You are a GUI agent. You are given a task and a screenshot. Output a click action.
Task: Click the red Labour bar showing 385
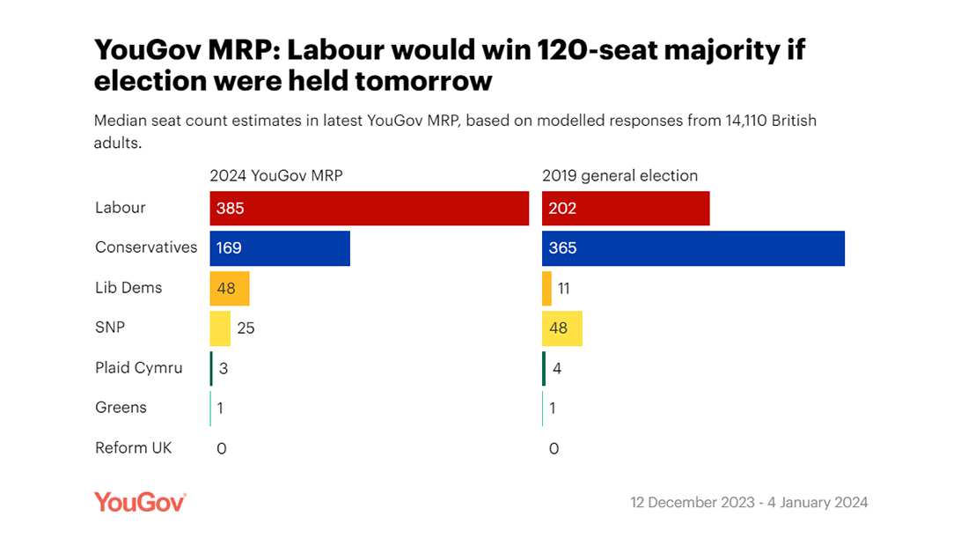coord(369,209)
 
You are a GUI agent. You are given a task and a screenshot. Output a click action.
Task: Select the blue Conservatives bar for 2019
coord(693,248)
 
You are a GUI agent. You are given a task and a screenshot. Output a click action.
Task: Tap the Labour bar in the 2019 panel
coord(626,209)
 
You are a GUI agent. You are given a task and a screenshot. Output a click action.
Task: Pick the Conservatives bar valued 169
coord(280,248)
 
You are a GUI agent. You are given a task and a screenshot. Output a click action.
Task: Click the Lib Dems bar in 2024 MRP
coord(230,288)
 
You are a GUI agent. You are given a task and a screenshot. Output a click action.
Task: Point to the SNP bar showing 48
coord(562,328)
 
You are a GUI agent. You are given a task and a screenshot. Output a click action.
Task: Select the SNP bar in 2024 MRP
coord(220,328)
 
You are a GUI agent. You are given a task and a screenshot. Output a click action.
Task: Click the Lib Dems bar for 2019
coord(546,288)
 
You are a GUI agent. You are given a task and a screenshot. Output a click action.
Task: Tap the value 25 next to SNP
coord(246,328)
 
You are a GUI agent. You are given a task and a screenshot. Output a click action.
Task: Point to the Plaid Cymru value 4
coord(557,368)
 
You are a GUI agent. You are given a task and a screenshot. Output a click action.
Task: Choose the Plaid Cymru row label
coord(139,368)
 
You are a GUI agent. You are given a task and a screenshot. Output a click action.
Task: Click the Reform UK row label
coord(134,447)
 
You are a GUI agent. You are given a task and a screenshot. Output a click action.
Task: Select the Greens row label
coord(121,408)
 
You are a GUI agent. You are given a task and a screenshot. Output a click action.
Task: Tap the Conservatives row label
coord(146,247)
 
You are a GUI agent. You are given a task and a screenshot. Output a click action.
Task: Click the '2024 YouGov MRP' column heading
coord(276,175)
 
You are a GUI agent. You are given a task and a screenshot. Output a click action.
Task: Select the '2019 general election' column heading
coord(620,175)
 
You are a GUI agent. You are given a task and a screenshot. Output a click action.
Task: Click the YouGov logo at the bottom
coord(140,502)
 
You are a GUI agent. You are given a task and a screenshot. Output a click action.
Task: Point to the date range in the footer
coord(749,503)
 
